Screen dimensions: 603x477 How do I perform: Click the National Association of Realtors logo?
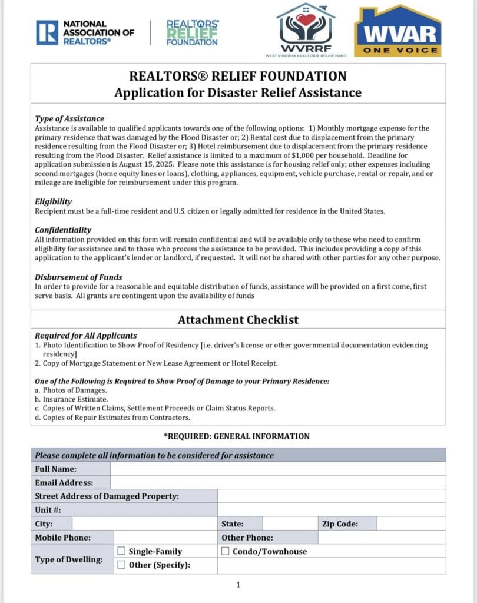click(85, 33)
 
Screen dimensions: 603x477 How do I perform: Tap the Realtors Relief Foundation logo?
click(193, 33)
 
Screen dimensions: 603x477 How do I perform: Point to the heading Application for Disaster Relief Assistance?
click(238, 92)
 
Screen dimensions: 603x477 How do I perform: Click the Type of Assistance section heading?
click(69, 118)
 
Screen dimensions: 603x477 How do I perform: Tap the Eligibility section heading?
click(54, 201)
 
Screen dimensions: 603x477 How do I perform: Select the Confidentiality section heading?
click(63, 230)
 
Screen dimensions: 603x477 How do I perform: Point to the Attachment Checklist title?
click(238, 320)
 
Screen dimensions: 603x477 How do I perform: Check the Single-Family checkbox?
click(121, 551)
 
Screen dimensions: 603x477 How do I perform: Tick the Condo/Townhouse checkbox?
click(226, 551)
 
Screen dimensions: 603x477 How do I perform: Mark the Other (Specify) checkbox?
click(121, 565)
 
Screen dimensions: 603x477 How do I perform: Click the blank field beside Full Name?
click(277, 469)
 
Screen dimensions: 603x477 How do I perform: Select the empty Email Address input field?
click(277, 482)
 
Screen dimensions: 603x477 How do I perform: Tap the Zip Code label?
click(340, 524)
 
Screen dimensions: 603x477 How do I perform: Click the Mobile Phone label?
click(63, 537)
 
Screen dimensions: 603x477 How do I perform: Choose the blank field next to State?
click(290, 524)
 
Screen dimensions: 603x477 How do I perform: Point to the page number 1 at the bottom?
click(238, 585)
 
